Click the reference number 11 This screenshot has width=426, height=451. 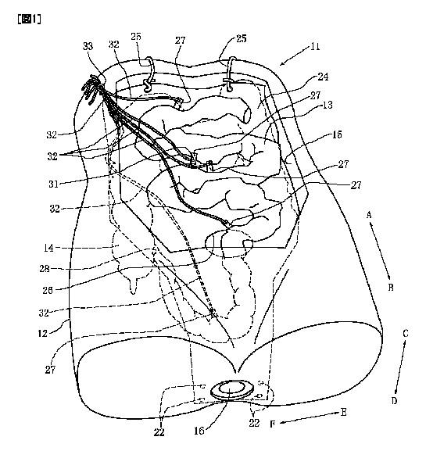pos(315,47)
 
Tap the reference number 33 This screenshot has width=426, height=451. pos(88,46)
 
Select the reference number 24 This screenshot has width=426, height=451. pos(323,77)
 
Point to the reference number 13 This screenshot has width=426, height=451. pos(328,105)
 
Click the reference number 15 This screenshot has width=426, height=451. pos(337,134)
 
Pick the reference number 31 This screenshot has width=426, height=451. pos(53,184)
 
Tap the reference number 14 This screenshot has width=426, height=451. pos(48,248)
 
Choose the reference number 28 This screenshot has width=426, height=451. pos(45,269)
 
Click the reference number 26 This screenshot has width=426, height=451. pos(48,290)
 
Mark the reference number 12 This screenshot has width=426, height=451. pos(42,333)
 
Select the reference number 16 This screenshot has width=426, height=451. pos(199,431)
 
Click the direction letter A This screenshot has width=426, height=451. pos(369,215)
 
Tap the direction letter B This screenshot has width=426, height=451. pos(391,288)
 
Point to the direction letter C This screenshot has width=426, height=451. pos(406,334)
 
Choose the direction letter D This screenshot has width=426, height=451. pos(395,401)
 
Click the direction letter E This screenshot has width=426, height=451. pos(344,413)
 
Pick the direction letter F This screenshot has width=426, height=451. pos(273,424)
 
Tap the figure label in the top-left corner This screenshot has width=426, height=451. pos(29,20)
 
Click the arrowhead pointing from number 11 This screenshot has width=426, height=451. pos(282,63)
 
